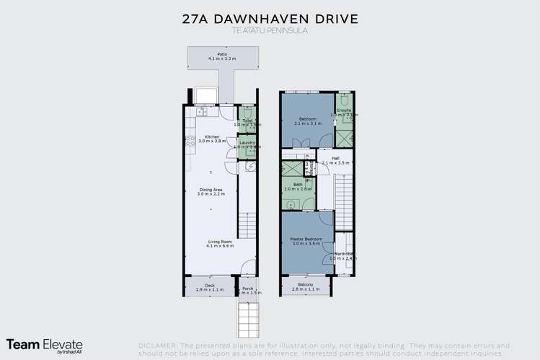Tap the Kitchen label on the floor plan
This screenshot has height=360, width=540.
(211, 137)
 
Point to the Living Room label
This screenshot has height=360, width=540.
(211, 243)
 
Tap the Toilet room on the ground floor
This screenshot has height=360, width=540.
(247, 121)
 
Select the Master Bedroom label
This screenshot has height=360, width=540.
(306, 240)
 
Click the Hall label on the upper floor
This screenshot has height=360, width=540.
(335, 159)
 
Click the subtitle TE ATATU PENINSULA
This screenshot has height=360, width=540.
(270, 32)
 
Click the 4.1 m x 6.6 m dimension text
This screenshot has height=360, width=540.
(211, 247)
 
